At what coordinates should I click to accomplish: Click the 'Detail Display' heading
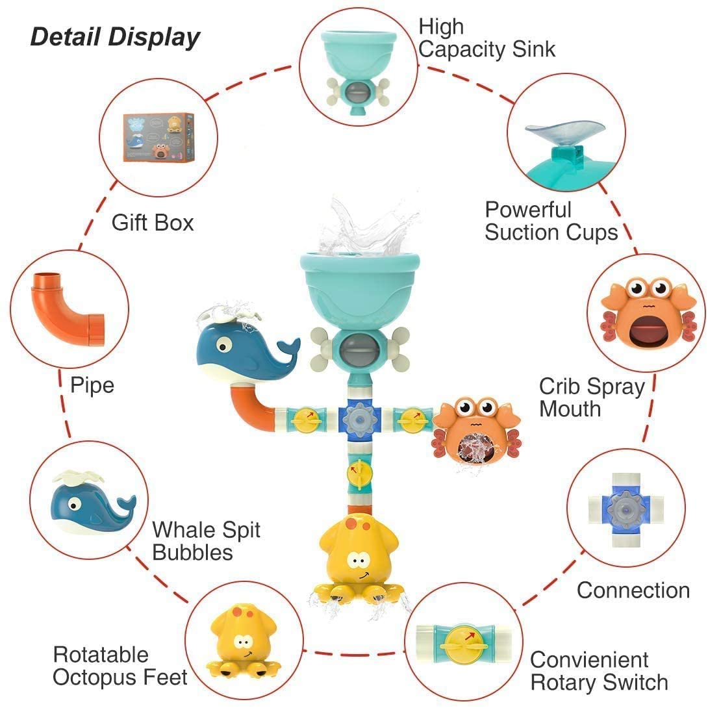[115, 37]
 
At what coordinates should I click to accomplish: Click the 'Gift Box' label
[153, 223]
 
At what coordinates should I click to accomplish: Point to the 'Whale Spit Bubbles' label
[206, 540]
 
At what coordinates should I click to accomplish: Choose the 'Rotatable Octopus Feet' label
[120, 666]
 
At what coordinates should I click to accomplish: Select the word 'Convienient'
[589, 659]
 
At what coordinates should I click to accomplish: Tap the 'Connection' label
[633, 590]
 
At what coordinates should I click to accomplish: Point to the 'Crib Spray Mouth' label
[592, 398]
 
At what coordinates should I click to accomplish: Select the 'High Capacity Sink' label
[487, 38]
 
